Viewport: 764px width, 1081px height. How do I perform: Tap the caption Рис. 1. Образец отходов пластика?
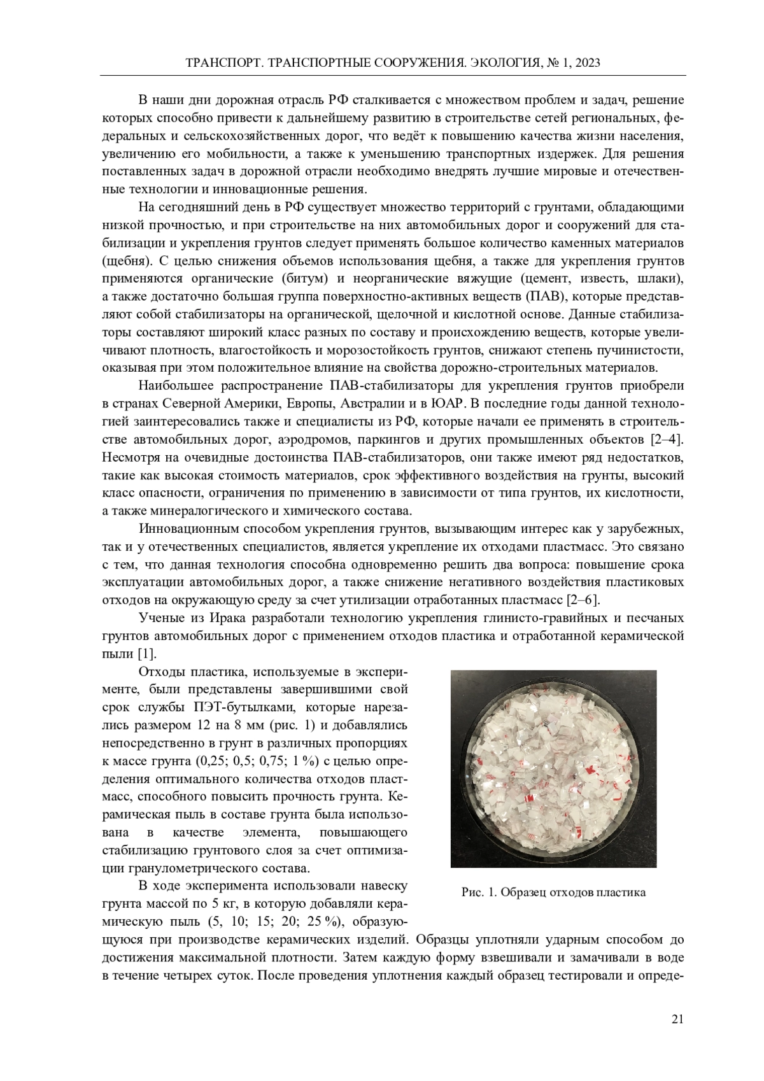553,892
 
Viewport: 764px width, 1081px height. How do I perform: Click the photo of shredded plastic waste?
553,768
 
